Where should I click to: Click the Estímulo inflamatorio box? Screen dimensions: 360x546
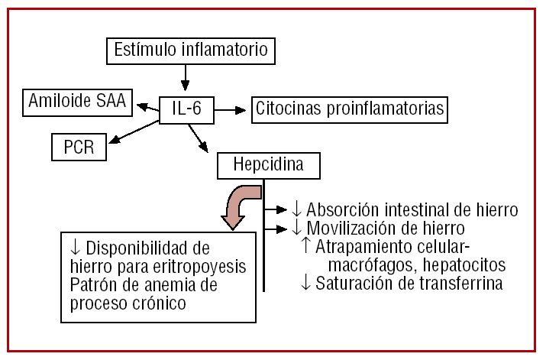[190, 50]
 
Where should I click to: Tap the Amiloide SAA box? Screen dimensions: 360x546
[78, 101]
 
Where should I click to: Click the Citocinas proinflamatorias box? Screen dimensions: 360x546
[350, 110]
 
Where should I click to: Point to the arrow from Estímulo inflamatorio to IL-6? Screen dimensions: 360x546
[185, 79]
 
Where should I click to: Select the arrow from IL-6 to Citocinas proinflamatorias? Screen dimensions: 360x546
[230, 110]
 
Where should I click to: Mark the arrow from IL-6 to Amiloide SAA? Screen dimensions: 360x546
[147, 105]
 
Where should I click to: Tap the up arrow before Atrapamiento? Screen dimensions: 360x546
[306, 246]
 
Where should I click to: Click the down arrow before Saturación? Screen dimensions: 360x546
[306, 284]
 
